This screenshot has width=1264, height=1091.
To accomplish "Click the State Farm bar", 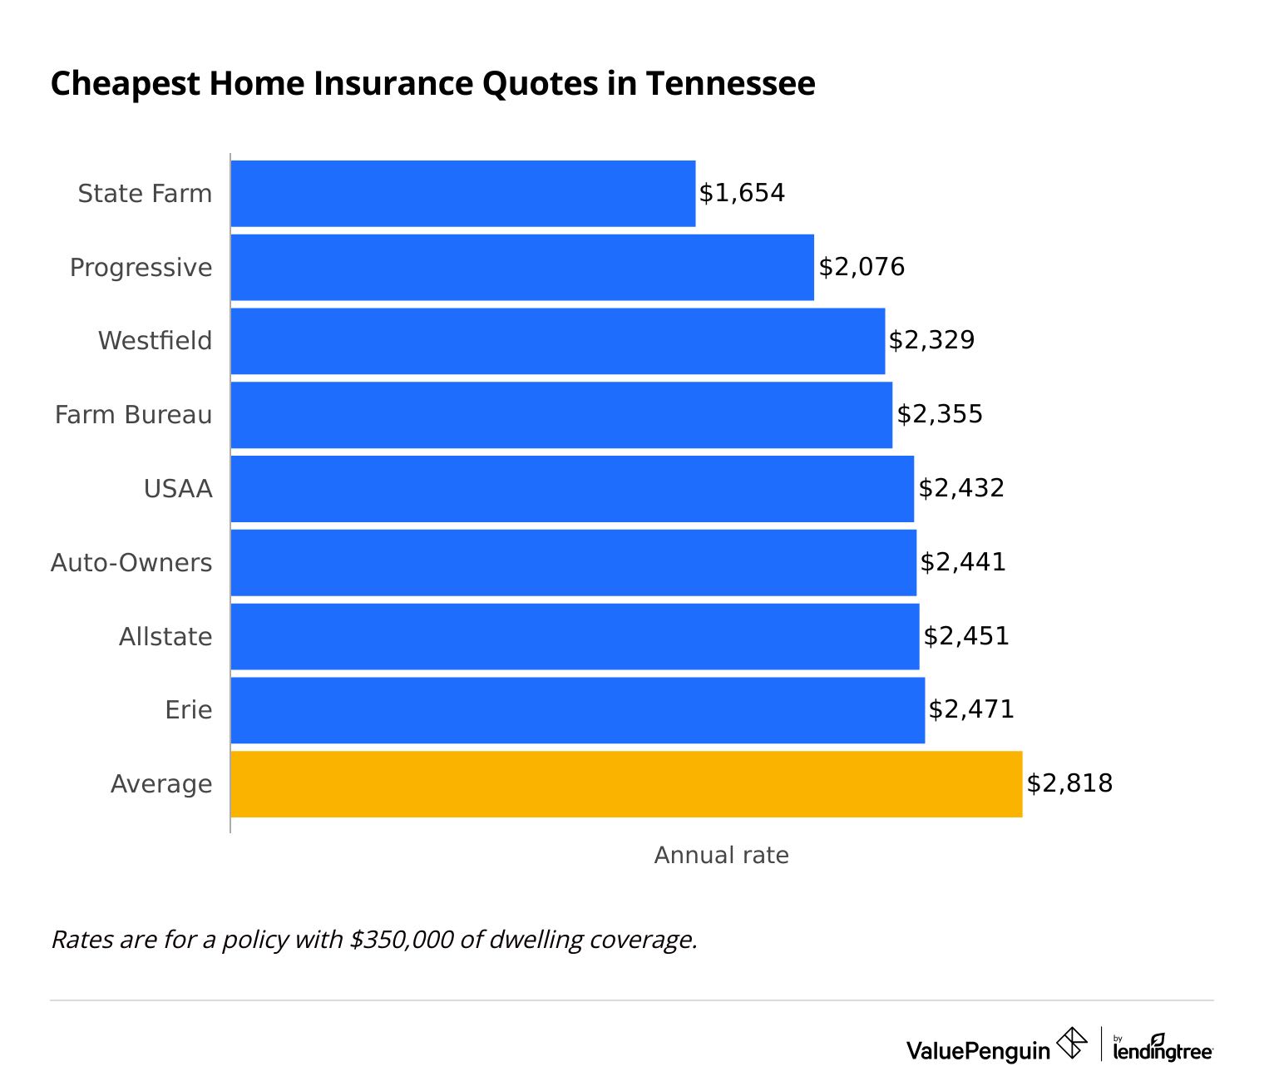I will [x=462, y=193].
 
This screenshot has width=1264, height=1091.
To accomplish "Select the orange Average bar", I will [x=625, y=784].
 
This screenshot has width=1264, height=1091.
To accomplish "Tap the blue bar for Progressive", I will [x=521, y=267].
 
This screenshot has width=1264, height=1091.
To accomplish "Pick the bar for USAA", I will [x=571, y=489].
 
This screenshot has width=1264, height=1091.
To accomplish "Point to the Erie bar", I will [x=577, y=710].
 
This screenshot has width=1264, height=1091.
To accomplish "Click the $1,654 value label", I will [x=742, y=193].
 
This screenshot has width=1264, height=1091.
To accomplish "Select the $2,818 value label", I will [x=1069, y=783].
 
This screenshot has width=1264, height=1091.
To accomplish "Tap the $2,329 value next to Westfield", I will [x=931, y=340].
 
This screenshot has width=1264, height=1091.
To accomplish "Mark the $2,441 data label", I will [x=963, y=562].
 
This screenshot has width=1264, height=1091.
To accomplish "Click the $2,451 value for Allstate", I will [x=966, y=636].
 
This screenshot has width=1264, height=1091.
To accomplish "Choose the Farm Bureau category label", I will [x=133, y=414].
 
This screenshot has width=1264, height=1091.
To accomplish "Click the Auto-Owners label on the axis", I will [x=131, y=563].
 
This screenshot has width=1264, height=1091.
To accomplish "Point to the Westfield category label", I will [x=155, y=341].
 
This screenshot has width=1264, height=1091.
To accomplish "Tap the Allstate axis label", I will [x=165, y=637].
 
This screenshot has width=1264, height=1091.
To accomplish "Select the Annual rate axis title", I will [x=721, y=856].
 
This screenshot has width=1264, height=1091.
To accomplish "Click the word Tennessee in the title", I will [x=730, y=84].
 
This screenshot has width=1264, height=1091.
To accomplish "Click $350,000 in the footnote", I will [x=402, y=940].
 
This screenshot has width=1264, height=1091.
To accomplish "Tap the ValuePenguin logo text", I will [x=978, y=1050].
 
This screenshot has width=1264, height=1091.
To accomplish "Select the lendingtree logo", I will [x=1163, y=1049].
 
